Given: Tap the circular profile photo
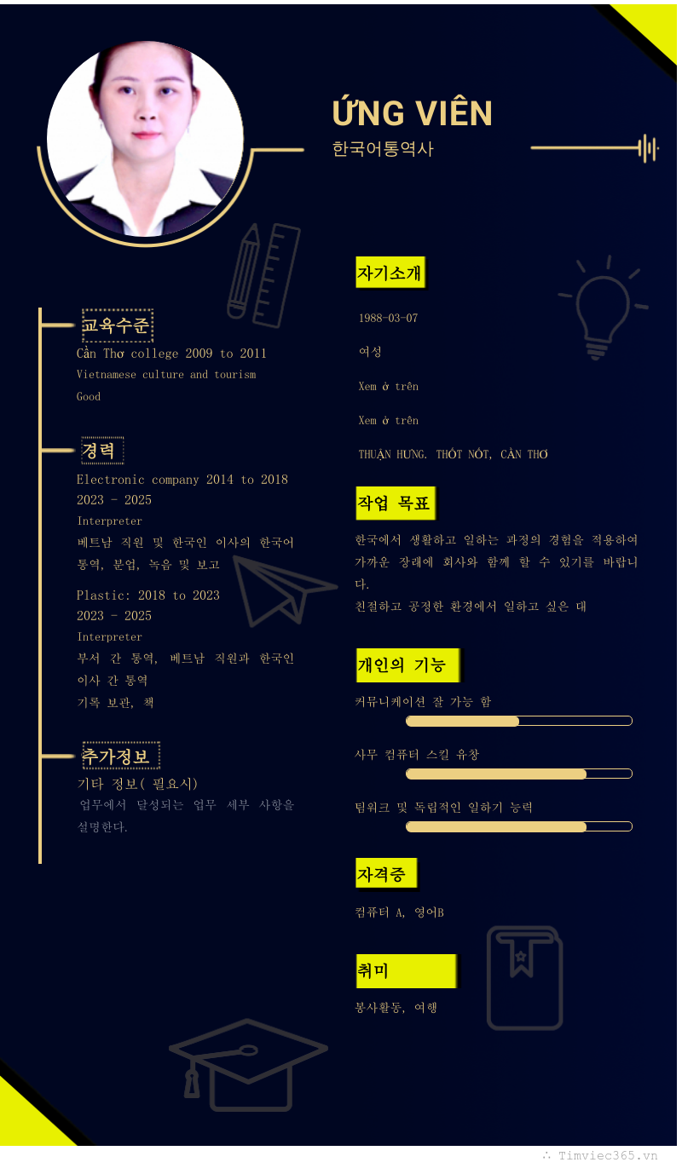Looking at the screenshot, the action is (145, 139).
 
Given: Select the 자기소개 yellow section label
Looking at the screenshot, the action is (390, 272).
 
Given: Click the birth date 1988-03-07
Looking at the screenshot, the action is (388, 318).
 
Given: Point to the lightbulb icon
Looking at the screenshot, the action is (604, 307).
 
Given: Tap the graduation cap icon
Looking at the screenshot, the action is (248, 1065).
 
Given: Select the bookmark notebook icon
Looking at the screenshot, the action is (524, 978).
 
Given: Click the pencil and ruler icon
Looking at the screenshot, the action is (264, 275).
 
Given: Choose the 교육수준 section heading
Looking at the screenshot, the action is (118, 325).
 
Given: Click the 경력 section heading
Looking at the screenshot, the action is (103, 450).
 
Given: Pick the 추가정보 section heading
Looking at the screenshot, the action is (121, 756).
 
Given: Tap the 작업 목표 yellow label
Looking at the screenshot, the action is (395, 503).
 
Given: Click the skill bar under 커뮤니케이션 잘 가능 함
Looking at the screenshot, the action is (519, 721).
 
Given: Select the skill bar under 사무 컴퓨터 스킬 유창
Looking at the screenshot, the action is (519, 774).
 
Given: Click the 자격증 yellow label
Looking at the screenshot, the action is (386, 873).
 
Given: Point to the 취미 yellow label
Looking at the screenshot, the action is (406, 971).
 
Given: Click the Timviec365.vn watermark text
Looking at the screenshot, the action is (607, 1156).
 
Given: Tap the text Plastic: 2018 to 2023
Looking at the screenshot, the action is (148, 596).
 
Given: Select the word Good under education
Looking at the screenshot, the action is (89, 397).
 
